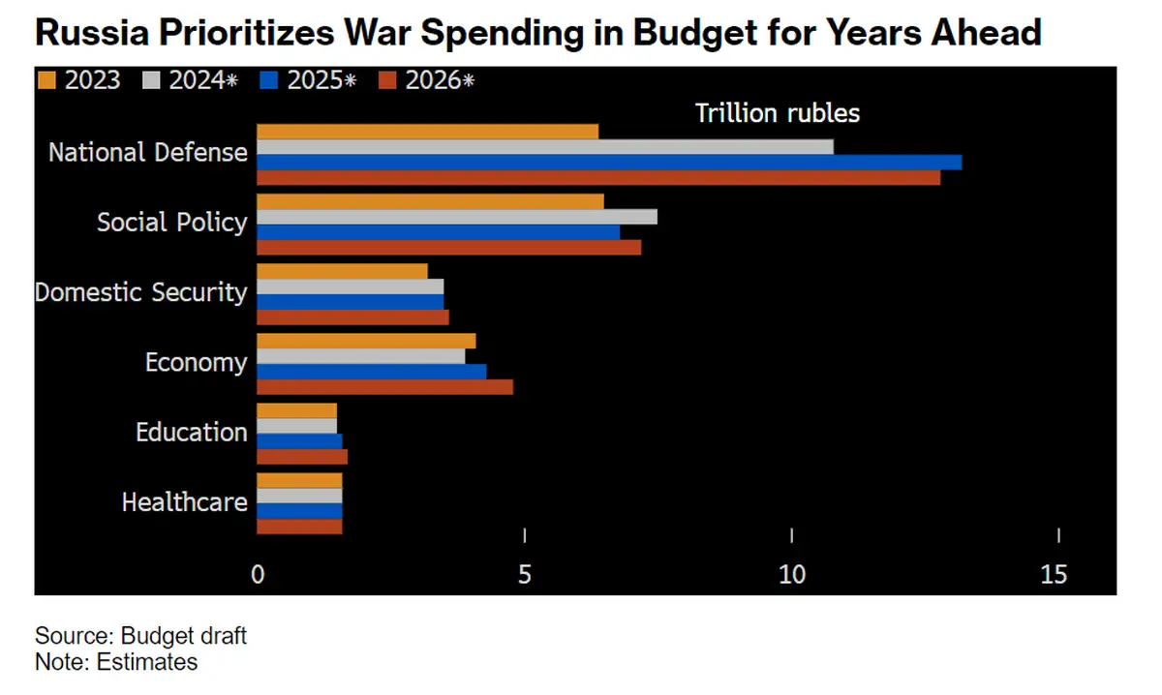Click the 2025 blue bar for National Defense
tap(609, 162)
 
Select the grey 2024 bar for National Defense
tap(545, 146)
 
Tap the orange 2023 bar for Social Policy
tap(430, 201)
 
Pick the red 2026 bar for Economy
tap(384, 387)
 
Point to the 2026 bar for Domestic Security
tap(352, 317)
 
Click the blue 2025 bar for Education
tap(299, 441)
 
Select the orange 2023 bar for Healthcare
tap(299, 480)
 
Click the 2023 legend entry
tap(81, 80)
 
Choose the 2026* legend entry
tap(427, 80)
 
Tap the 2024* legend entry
tap(193, 80)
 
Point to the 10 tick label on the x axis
tap(792, 574)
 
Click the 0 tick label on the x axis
tap(258, 574)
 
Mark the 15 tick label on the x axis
tap(1054, 574)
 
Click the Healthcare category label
tap(185, 502)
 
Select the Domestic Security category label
tap(141, 292)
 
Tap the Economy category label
tap(197, 362)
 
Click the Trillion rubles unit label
tap(778, 113)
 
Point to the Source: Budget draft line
tap(141, 636)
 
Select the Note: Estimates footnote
tap(116, 662)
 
